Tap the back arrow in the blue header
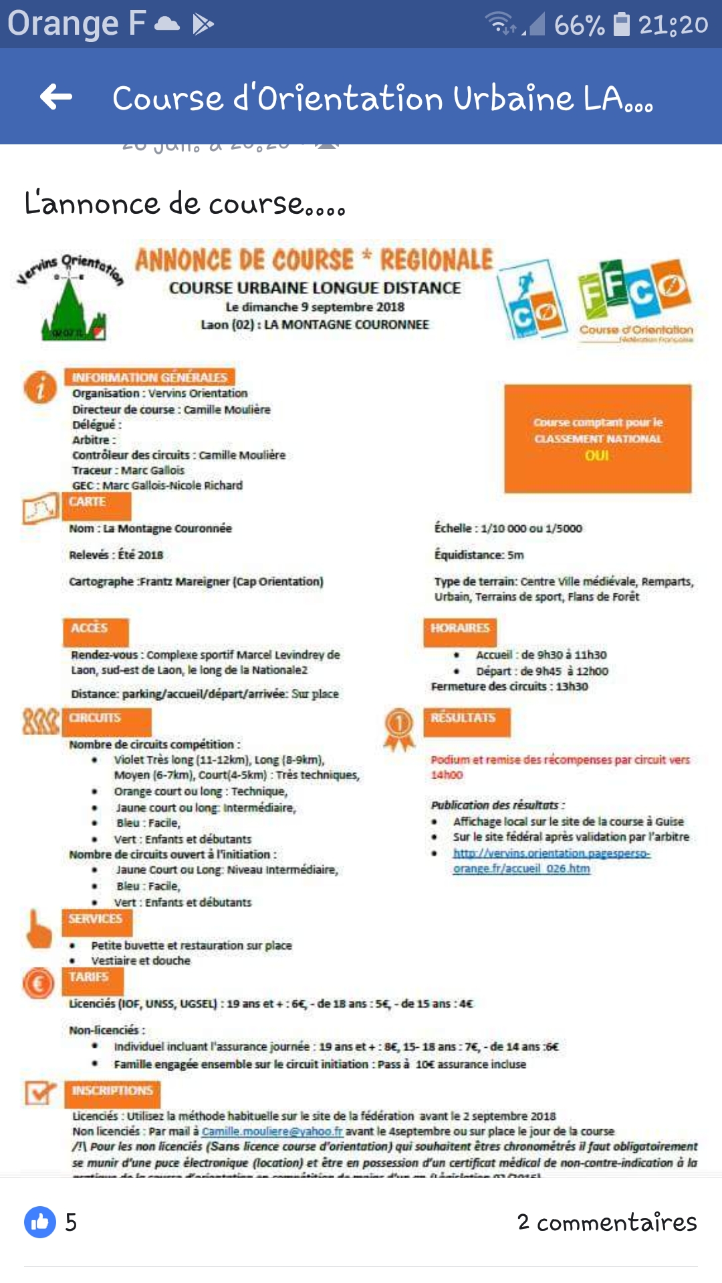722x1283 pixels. (x=56, y=97)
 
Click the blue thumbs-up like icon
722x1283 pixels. (x=40, y=1222)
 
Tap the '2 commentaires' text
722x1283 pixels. (x=606, y=1222)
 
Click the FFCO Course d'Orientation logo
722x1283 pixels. (x=635, y=301)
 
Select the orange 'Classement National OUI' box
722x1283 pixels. (x=598, y=438)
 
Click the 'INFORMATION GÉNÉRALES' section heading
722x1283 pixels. (x=150, y=378)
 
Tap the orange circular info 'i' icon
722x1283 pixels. (x=40, y=387)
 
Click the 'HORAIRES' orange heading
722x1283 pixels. (x=460, y=628)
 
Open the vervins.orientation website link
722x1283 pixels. (x=551, y=861)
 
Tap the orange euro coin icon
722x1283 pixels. (x=39, y=984)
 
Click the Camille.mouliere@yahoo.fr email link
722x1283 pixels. (x=272, y=1131)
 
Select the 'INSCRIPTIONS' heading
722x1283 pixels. (x=113, y=1091)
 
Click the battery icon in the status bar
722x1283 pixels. (x=622, y=24)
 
